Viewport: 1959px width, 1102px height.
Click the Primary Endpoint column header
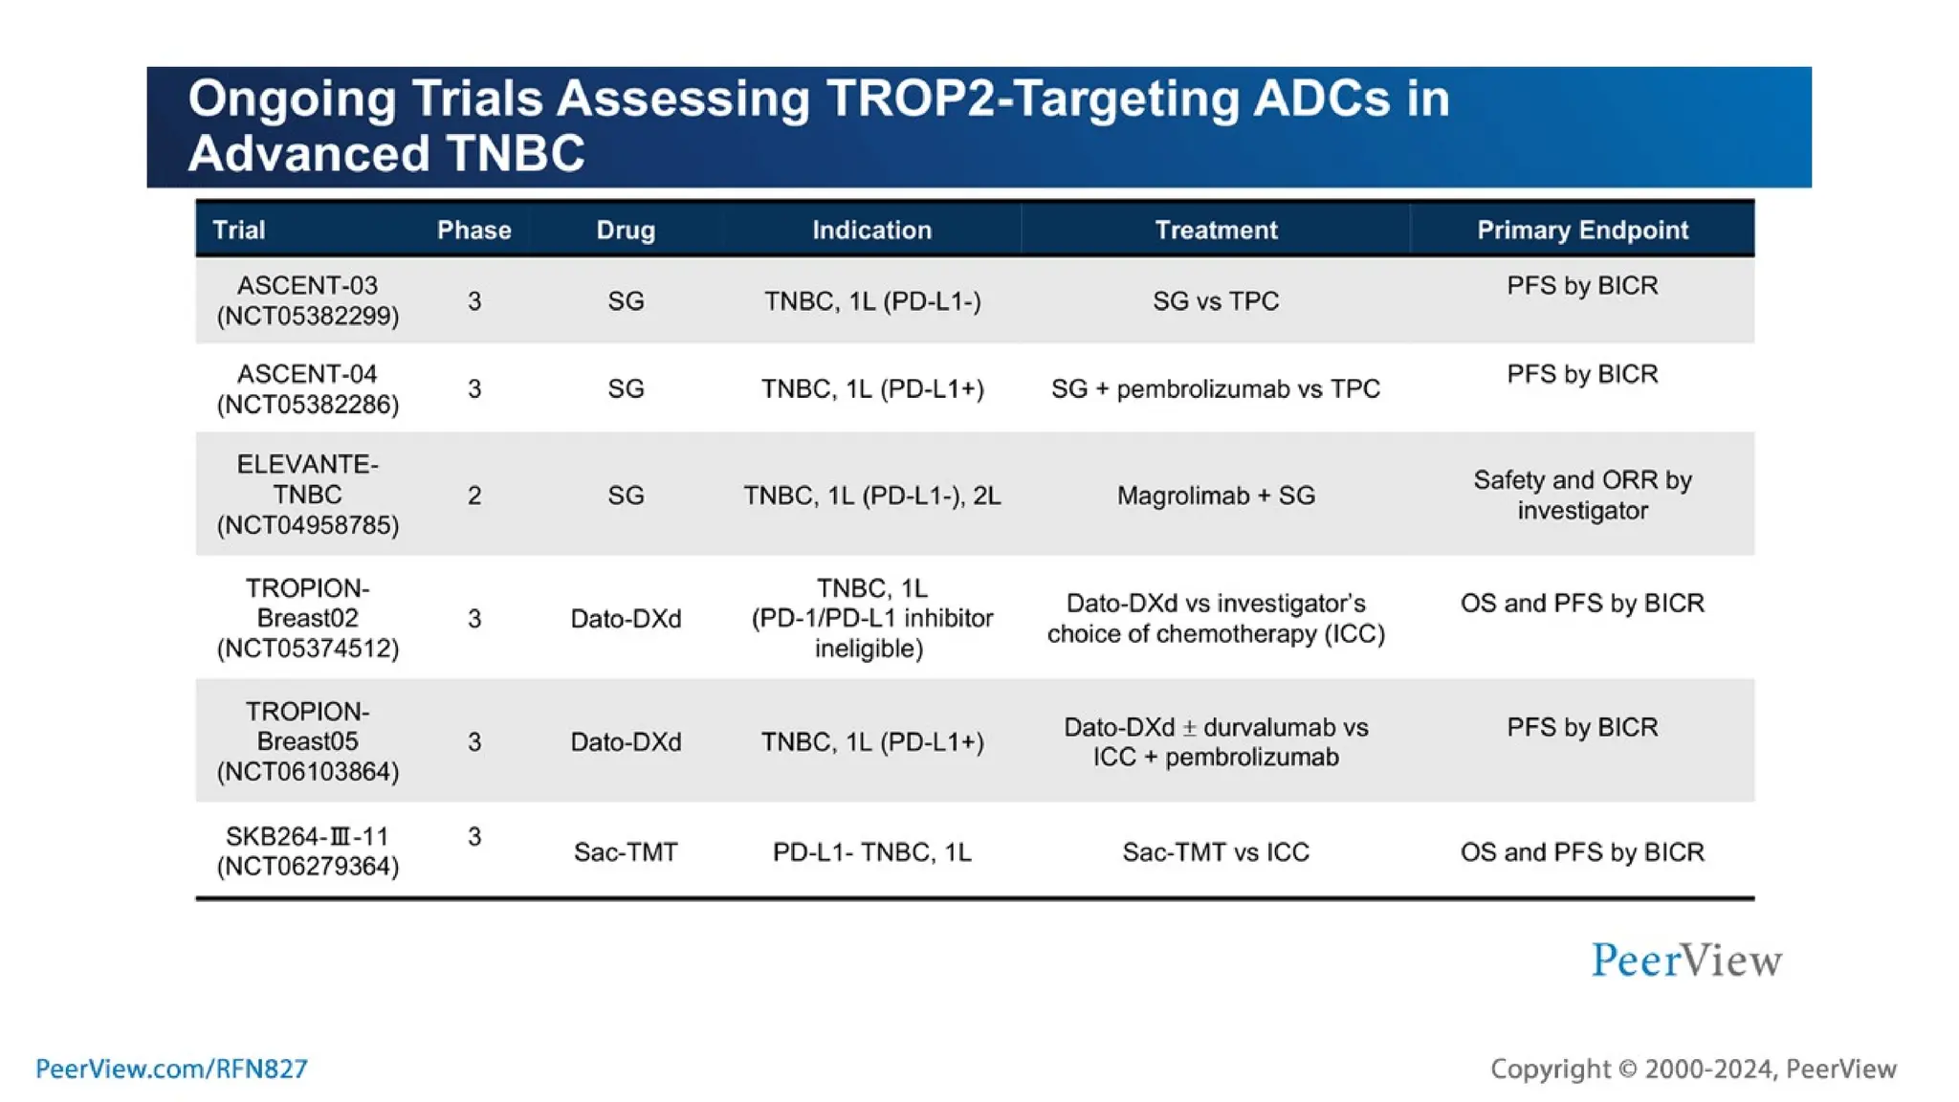coord(1581,230)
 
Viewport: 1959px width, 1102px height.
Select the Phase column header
coord(473,230)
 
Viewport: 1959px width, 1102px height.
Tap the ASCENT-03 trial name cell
coord(307,300)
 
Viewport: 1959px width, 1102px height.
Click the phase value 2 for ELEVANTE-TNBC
coord(473,496)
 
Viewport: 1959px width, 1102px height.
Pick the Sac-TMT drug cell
coord(626,851)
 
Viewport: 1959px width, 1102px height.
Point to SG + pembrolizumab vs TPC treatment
coord(1215,388)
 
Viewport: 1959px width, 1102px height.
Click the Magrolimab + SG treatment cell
coord(1215,496)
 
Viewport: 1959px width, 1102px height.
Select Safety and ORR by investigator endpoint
coord(1581,495)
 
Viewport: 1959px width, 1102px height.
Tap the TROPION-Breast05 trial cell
coord(307,741)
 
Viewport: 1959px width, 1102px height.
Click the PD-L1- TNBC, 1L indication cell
coord(871,851)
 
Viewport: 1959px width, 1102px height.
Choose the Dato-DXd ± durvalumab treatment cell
coord(1215,741)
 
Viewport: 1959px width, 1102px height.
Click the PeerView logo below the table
coord(1685,960)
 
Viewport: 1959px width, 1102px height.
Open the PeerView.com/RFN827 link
coord(171,1069)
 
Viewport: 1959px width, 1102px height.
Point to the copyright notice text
coord(1692,1069)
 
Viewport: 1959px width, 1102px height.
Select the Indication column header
coord(871,230)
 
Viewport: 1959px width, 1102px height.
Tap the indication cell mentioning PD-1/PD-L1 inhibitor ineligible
coord(871,618)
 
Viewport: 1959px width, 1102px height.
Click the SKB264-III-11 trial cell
coord(307,850)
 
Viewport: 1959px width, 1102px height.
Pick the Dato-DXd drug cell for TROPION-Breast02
coord(626,619)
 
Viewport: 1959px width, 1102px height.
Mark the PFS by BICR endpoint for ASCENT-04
coord(1581,374)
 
